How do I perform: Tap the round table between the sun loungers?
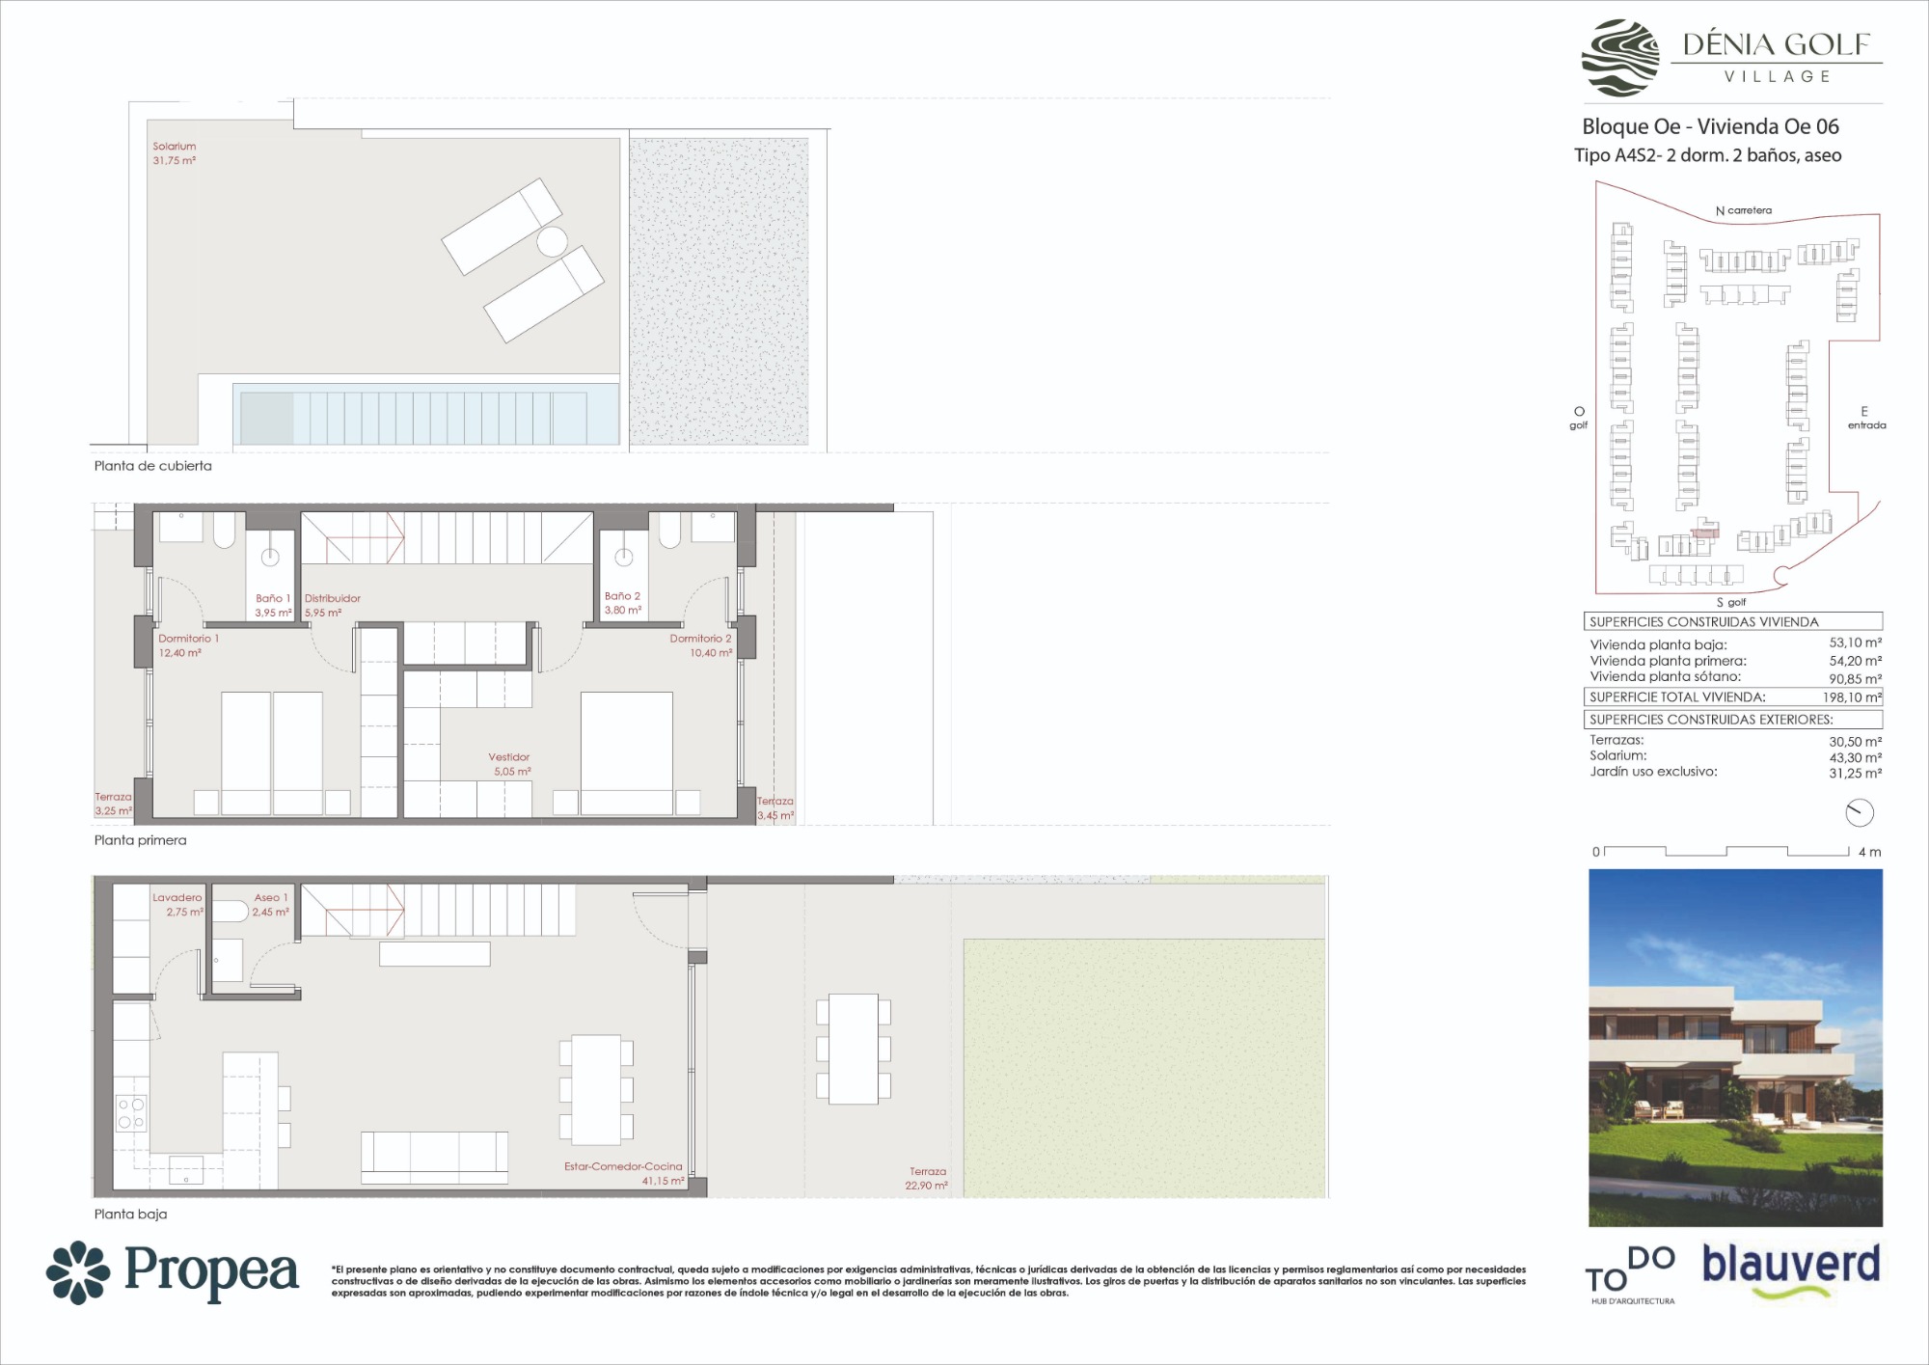[x=552, y=241]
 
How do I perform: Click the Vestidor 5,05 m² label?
[x=510, y=764]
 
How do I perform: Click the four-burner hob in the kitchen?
[x=131, y=1113]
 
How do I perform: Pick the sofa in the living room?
[x=435, y=1158]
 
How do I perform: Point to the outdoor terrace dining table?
[x=854, y=1050]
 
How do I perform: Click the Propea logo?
[x=173, y=1272]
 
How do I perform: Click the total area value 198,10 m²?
[x=1852, y=697]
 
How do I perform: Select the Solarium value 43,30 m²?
[x=1856, y=757]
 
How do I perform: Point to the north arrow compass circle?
[x=1860, y=813]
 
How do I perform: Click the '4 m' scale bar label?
[x=1870, y=852]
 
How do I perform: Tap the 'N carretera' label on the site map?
[x=1744, y=210]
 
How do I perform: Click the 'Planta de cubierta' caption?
[x=153, y=466]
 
